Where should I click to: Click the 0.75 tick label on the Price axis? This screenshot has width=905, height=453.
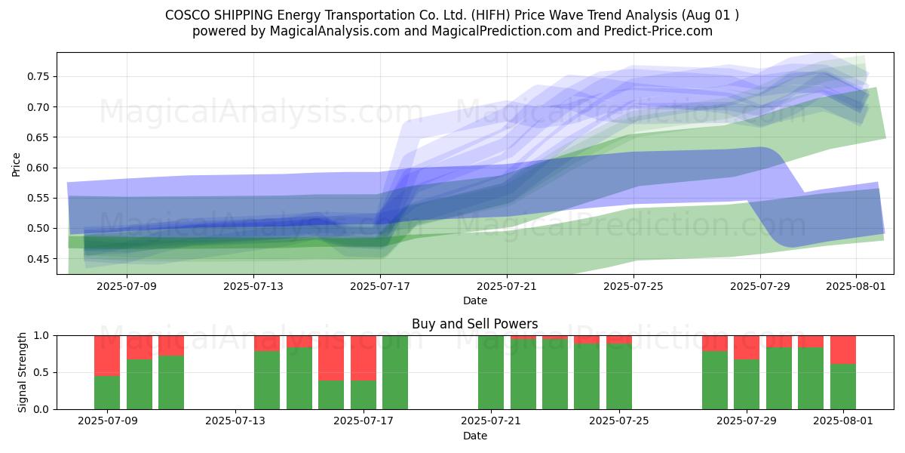click(x=38, y=76)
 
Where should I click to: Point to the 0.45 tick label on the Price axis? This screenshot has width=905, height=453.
click(x=38, y=259)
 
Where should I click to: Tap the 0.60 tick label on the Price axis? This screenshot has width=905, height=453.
click(x=38, y=168)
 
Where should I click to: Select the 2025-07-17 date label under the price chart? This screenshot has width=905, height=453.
click(x=380, y=286)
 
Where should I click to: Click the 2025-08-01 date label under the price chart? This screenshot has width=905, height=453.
click(x=856, y=286)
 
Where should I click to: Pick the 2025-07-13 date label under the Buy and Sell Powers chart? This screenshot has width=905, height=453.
click(x=235, y=421)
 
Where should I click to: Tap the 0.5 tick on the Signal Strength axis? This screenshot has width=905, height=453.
click(x=41, y=372)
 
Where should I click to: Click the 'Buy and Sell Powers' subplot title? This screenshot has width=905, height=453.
click(x=474, y=324)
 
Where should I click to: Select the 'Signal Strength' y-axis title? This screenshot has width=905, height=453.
click(x=22, y=372)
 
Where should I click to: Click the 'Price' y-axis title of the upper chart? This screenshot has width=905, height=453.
click(x=16, y=165)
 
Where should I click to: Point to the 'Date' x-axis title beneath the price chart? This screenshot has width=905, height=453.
click(x=474, y=300)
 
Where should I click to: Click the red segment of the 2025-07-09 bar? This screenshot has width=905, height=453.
click(x=107, y=356)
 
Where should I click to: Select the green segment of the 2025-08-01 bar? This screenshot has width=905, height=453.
click(x=843, y=387)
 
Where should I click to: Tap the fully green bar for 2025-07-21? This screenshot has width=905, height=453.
click(x=491, y=372)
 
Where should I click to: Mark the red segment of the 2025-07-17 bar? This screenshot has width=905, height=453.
click(x=364, y=358)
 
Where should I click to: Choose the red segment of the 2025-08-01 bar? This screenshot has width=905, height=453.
click(x=843, y=350)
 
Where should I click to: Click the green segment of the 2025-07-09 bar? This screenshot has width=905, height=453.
click(x=107, y=393)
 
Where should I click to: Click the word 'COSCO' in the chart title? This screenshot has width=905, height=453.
click(x=188, y=15)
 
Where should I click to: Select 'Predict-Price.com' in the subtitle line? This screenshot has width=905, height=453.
click(x=658, y=31)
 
